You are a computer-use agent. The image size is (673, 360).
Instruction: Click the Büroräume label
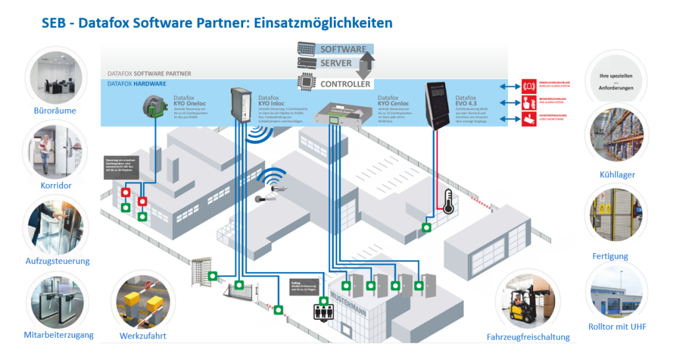[x=55, y=110]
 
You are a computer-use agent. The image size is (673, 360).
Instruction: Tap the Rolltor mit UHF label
[x=616, y=326]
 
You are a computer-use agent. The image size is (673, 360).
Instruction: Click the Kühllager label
[x=616, y=175]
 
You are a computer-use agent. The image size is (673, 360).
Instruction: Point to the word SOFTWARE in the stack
[x=342, y=49]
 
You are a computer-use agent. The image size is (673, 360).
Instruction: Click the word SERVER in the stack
[x=336, y=64]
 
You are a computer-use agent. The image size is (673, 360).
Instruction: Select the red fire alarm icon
[x=527, y=102]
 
